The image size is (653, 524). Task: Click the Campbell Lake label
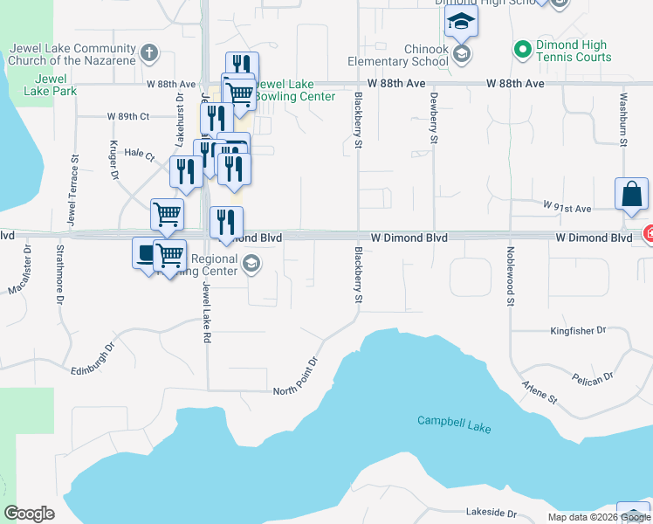(x=453, y=424)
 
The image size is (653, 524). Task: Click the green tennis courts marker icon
(x=522, y=49)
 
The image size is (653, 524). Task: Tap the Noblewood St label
(x=509, y=275)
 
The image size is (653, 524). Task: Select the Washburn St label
(x=623, y=120)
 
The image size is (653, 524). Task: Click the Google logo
(x=29, y=514)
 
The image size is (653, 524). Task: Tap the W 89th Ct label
(x=127, y=116)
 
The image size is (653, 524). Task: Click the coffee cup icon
(x=145, y=252)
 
